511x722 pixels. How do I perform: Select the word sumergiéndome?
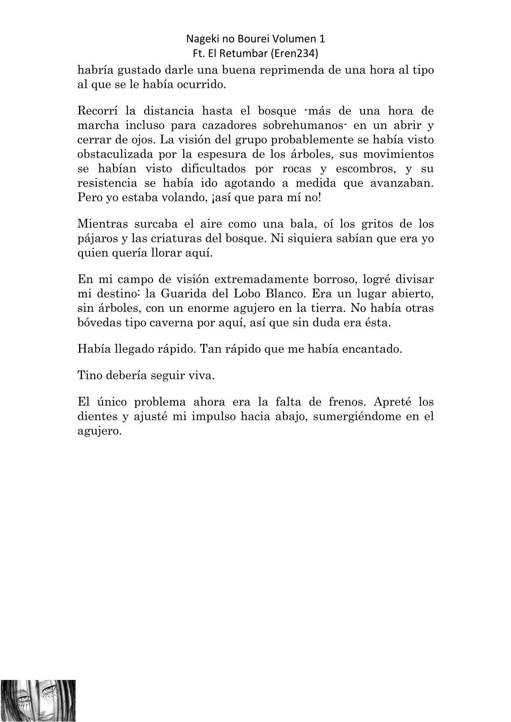click(360, 417)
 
